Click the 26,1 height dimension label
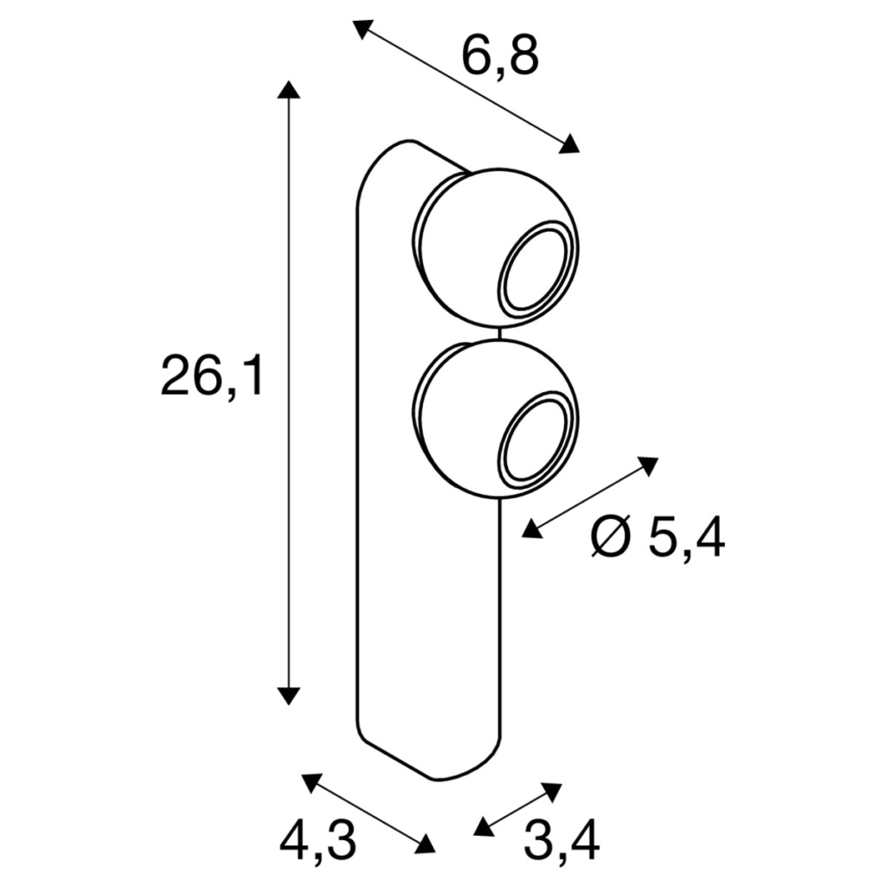tap(212, 376)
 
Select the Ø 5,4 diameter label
tap(658, 537)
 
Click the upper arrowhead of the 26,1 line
tap(288, 90)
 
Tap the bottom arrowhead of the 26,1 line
tap(288, 697)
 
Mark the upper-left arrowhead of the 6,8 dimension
tap(363, 29)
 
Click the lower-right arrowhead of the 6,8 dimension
tap(569, 144)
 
